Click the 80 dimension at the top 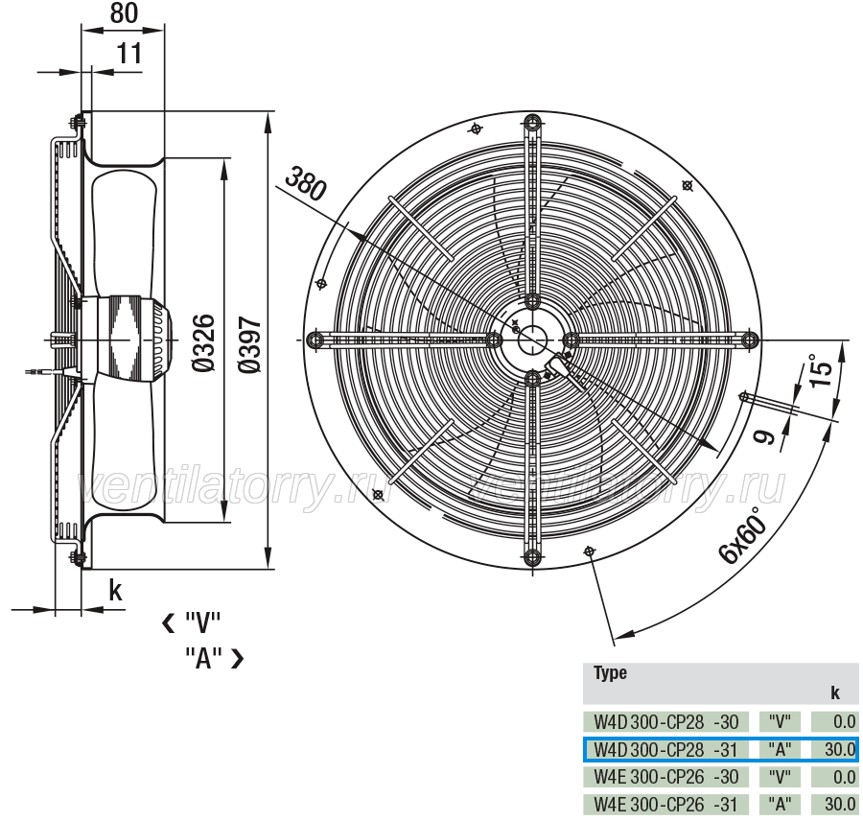tap(124, 12)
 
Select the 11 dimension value tap(129, 54)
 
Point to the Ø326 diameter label tap(203, 342)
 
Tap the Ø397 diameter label tap(250, 345)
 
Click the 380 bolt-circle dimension tap(306, 183)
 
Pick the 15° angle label tap(821, 370)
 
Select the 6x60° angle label tap(742, 535)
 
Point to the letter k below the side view tap(115, 591)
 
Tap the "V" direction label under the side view tap(202, 623)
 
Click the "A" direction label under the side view tap(203, 657)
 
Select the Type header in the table tap(610, 673)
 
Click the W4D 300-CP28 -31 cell tap(666, 749)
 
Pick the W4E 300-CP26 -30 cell tap(666, 777)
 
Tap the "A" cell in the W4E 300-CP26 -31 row tap(780, 805)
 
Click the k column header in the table tap(835, 692)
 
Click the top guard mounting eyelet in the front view tap(532, 123)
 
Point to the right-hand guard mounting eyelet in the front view tap(749, 340)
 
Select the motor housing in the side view tap(132, 339)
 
